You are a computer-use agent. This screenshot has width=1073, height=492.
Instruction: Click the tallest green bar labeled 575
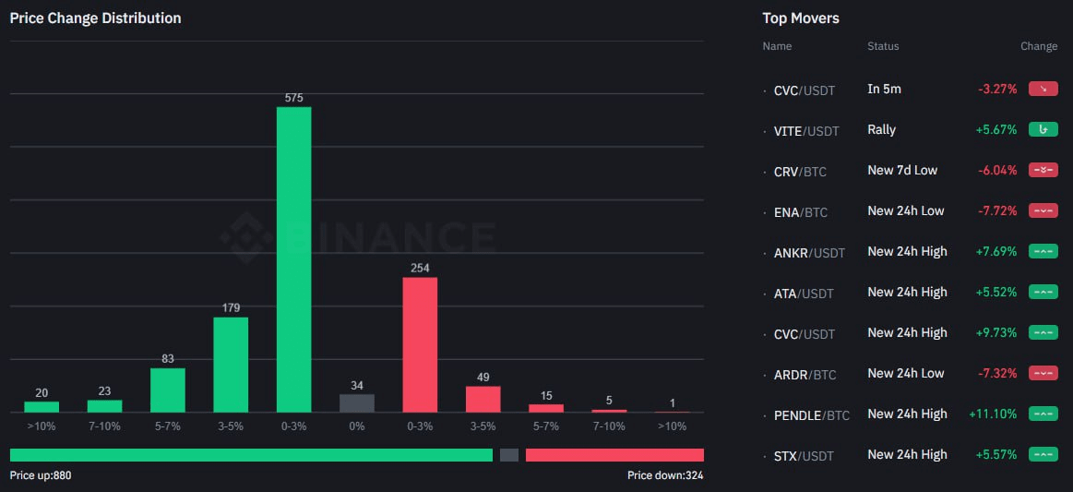pos(293,259)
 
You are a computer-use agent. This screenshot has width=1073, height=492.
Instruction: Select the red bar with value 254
pos(420,344)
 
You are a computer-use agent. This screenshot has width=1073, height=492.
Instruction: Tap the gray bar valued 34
pos(357,402)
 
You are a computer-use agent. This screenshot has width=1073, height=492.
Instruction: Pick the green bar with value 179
pos(231,365)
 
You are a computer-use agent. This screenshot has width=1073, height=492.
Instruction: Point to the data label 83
pos(168,358)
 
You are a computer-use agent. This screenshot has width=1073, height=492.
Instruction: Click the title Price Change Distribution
pos(95,18)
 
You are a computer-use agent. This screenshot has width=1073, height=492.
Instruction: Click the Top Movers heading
pos(801,18)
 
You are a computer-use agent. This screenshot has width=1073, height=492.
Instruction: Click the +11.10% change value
pos(993,414)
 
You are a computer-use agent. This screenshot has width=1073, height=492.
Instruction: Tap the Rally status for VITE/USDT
pos(881,130)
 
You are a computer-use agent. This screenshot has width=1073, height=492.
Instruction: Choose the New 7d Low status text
pos(902,171)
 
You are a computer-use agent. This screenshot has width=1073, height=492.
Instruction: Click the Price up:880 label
pos(41,475)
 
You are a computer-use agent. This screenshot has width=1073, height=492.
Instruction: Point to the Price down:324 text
pos(664,475)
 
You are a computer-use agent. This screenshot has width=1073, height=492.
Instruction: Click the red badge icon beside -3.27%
pos(1043,90)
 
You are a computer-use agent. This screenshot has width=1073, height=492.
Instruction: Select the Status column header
pos(883,46)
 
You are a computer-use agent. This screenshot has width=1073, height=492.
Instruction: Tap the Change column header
pos(1039,46)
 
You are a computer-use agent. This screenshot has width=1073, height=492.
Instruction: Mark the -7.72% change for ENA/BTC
pos(997,211)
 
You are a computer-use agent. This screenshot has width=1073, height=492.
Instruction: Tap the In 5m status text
pos(884,90)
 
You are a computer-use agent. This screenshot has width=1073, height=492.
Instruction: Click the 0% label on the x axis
pos(357,426)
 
